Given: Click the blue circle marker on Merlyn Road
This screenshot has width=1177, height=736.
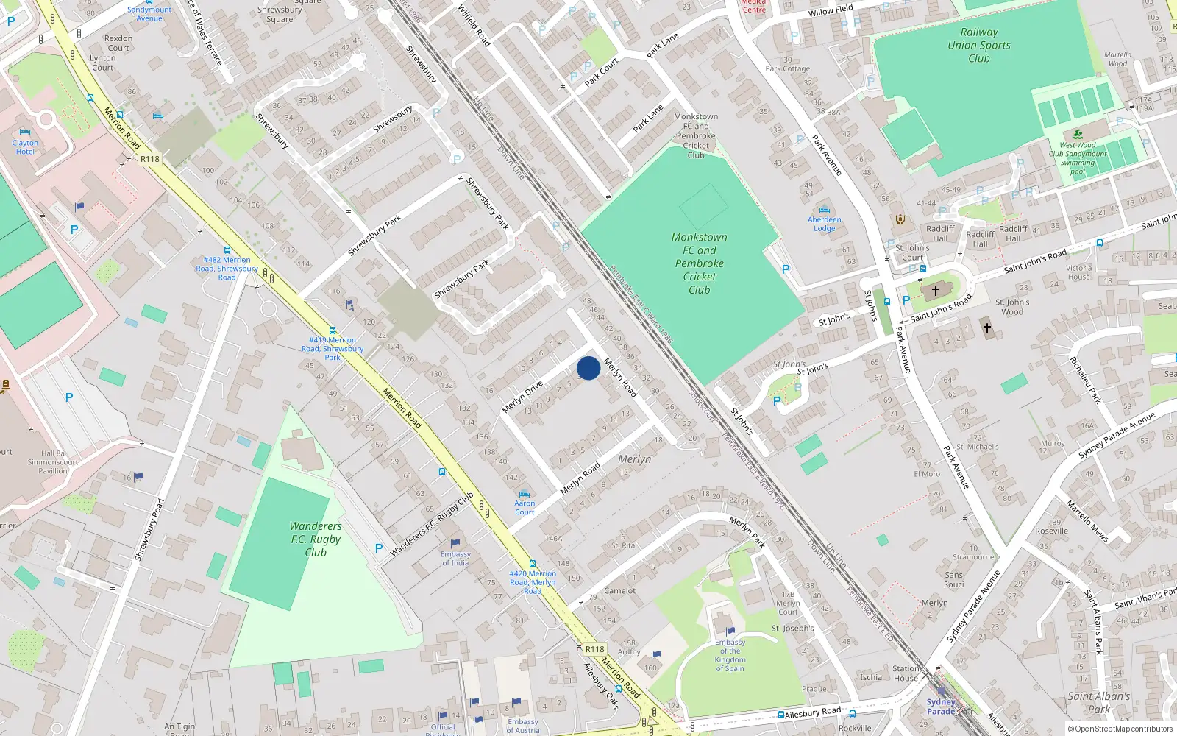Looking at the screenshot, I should (588, 368).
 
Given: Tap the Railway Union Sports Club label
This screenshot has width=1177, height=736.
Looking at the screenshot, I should (978, 45).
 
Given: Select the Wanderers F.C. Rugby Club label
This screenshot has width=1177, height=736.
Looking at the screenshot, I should (316, 539).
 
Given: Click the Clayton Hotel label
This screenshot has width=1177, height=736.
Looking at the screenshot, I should (25, 147).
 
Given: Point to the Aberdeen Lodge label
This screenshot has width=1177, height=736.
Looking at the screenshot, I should (824, 224).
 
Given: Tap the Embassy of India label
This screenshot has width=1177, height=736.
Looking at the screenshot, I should (455, 559).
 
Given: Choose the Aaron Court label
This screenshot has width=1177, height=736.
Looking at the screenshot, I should (525, 507).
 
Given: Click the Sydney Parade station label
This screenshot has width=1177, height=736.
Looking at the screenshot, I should (941, 707).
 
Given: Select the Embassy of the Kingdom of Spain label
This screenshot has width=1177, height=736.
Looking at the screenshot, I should (730, 655).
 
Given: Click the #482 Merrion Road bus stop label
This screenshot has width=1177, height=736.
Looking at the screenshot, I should (227, 268).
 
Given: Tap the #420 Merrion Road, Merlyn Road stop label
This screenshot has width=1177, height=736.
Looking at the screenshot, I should (533, 581).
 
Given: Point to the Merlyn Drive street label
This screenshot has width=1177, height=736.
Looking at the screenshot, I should (523, 397).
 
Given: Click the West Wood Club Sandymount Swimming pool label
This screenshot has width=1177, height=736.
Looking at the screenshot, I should (1078, 158).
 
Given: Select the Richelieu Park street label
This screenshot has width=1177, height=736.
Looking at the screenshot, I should (1085, 380).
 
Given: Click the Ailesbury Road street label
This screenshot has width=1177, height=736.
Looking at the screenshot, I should (812, 713).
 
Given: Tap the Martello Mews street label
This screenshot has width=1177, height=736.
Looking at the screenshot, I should (1087, 520).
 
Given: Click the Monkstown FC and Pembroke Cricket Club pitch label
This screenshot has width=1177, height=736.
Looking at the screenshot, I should (699, 263).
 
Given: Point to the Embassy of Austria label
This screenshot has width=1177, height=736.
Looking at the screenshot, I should (522, 726).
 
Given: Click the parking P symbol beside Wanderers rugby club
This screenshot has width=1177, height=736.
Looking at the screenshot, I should (379, 548).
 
